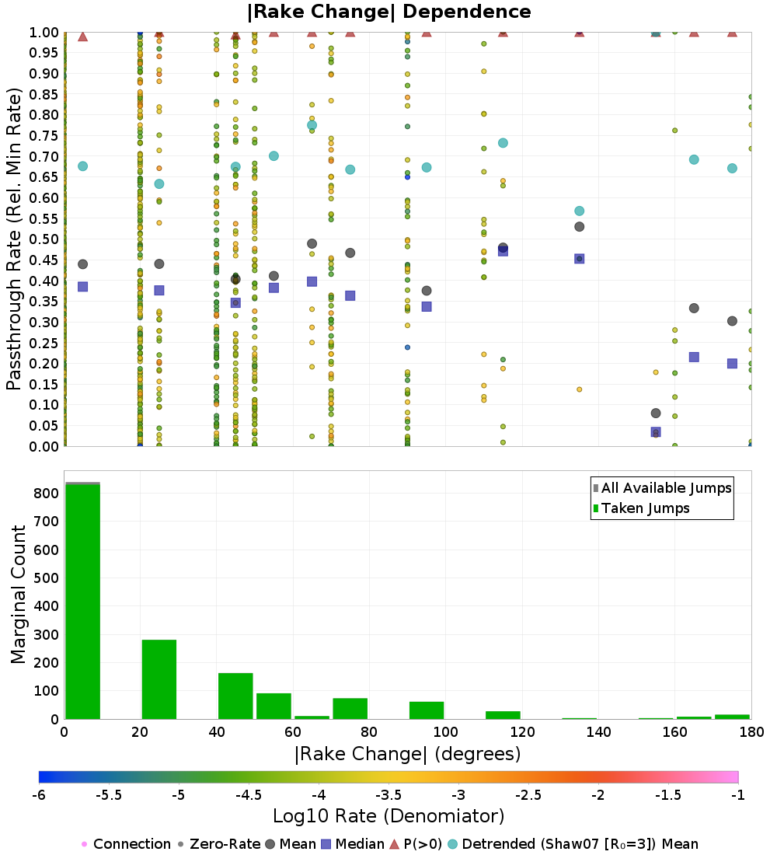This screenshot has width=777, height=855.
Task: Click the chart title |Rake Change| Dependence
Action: [x=389, y=12]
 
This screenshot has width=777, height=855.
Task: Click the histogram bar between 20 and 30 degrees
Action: [x=159, y=679]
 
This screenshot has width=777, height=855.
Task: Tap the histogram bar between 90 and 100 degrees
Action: [x=427, y=710]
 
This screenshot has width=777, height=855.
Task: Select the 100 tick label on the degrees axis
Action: [x=445, y=732]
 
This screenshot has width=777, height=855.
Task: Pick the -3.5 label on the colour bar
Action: [x=388, y=795]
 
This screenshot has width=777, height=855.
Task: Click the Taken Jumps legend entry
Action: [x=641, y=508]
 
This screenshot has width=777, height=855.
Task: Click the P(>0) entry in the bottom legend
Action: [x=420, y=844]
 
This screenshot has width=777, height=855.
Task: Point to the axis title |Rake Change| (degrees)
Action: [x=407, y=755]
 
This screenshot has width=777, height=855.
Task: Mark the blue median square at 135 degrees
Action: [x=579, y=259]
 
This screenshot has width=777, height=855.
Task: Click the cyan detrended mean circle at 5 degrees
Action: [x=82, y=166]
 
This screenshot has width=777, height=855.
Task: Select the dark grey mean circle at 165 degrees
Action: [x=694, y=309]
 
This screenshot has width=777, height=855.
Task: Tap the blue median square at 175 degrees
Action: [x=732, y=364]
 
